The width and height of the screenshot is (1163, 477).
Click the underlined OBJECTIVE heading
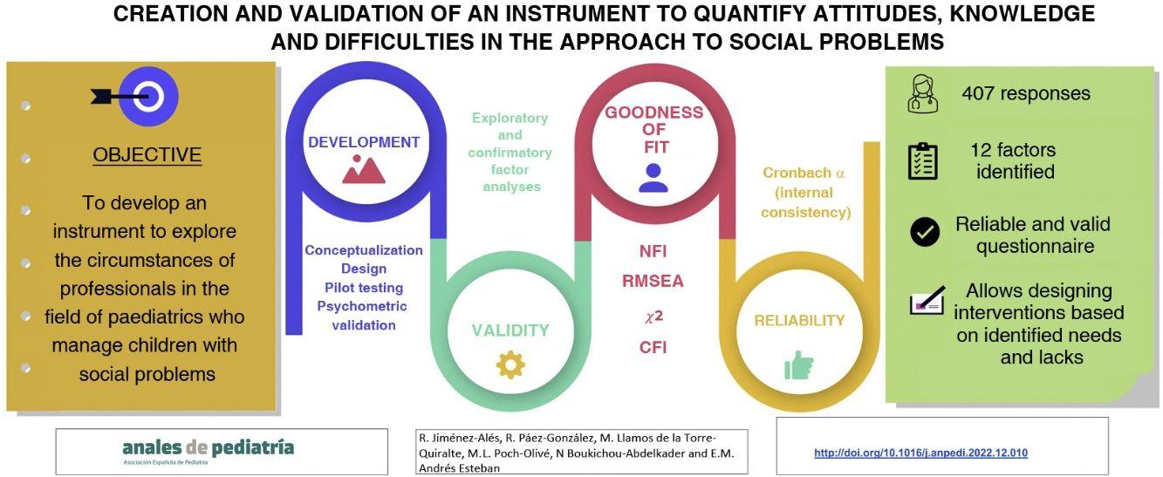pos(147,154)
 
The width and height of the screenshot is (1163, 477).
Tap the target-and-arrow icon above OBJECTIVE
pos(134,97)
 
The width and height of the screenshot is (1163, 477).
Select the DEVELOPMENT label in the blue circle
pos(364,142)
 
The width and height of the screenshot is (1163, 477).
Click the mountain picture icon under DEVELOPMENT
pos(364,169)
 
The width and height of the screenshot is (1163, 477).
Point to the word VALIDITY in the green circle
pos(510,330)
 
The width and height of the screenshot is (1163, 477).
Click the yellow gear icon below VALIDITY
pos(511,365)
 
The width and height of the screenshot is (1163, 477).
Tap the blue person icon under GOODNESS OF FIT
pos(653,178)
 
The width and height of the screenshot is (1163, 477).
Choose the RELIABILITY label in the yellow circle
pos(799,320)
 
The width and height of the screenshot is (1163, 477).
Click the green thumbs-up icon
pos(798,365)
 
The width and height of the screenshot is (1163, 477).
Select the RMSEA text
pos(653,282)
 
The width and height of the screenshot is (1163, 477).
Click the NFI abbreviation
pos(653,251)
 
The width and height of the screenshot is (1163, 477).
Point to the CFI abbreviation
pos(653,347)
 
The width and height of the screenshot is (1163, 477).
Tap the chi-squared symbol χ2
pos(653,316)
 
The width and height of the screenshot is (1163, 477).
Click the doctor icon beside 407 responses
pos(922,94)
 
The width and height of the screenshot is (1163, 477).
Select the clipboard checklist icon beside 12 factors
pos(922,161)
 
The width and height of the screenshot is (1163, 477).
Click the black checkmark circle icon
pos(925,231)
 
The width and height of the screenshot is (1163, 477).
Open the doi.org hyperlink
pos(920,453)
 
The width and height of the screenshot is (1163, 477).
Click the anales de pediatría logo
pos(209,451)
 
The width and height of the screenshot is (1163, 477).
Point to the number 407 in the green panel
pos(978,93)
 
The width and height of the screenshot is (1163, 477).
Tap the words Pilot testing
pos(364,288)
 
